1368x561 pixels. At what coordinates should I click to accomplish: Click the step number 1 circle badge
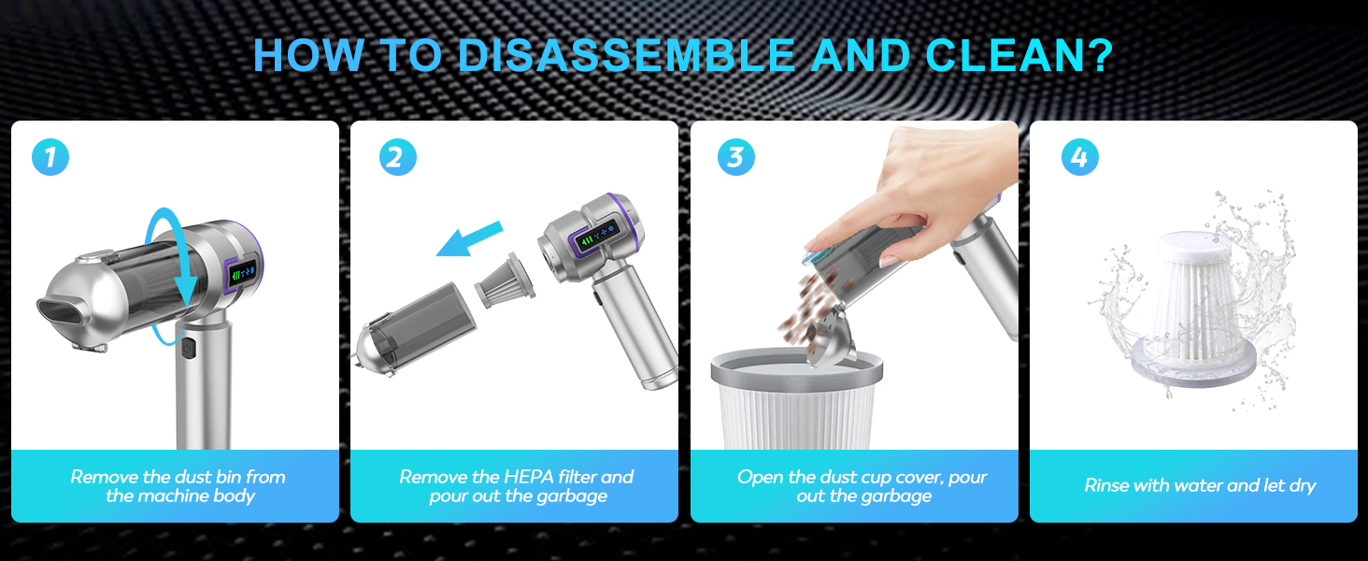tap(50, 157)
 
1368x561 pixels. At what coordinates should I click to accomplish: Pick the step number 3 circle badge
tap(735, 157)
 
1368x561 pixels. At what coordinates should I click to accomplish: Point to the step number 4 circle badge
tap(1079, 157)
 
